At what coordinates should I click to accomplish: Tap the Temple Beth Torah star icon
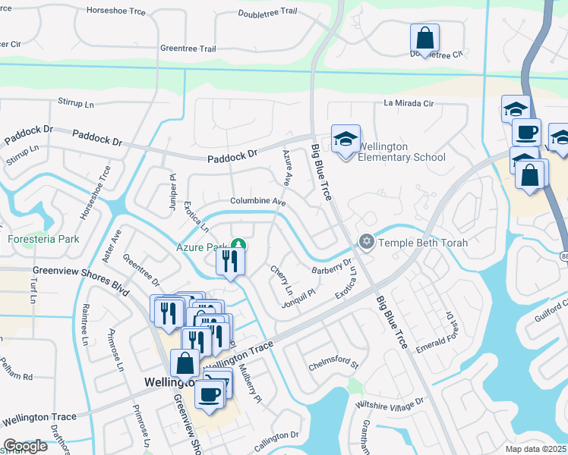point(367,242)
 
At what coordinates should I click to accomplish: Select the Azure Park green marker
point(238,245)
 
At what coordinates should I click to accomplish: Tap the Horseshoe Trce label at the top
point(115,11)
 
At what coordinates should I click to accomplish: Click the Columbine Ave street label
point(258,202)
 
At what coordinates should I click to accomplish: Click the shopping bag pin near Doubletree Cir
point(425,38)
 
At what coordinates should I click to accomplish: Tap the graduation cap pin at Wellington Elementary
point(346,140)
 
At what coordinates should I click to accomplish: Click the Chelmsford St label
point(333,366)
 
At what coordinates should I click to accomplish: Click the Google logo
point(25,447)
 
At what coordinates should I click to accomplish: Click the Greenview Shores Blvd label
point(80,270)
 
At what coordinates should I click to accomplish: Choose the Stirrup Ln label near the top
point(80,102)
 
